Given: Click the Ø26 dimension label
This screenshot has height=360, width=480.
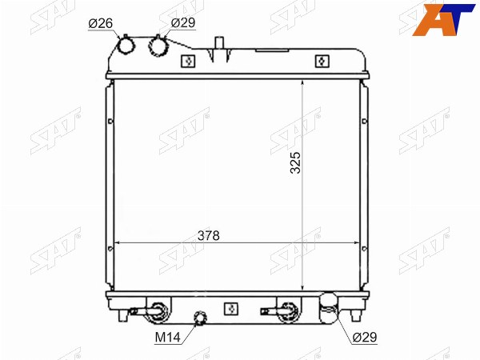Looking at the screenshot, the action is [101, 23].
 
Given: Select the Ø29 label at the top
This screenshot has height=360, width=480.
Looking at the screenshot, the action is [183, 22].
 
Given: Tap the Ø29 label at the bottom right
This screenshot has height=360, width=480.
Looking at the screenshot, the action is [364, 338].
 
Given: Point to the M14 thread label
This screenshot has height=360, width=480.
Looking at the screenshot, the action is [167, 338].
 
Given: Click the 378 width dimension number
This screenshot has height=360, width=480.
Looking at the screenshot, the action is [209, 236].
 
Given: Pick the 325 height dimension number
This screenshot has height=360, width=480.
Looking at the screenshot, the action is [295, 163].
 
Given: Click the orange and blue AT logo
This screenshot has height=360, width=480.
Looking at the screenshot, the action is [443, 20].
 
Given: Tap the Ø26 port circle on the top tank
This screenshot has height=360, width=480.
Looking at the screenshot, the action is [126, 46].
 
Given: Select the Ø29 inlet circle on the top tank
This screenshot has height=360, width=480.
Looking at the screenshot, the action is [158, 46].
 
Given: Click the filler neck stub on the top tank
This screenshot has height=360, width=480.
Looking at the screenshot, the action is [219, 43].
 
